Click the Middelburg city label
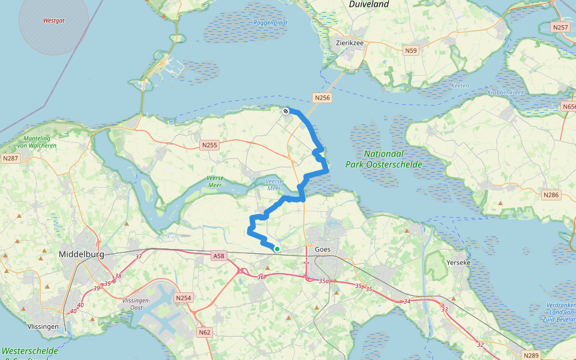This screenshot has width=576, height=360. (x=82, y=254)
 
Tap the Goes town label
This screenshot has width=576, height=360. (x=322, y=249)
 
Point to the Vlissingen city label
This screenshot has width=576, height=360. (x=43, y=326)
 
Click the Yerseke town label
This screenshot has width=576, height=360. (x=461, y=262)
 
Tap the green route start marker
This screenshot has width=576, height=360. (x=277, y=248)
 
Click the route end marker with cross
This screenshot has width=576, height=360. (x=286, y=110)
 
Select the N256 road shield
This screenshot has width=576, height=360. (x=322, y=97)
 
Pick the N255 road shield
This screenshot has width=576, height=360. (x=209, y=145)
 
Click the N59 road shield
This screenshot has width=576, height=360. (x=410, y=50)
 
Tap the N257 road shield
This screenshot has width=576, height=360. (x=560, y=27)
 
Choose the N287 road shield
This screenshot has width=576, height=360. (x=10, y=158)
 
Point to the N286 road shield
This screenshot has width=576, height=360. (x=550, y=194)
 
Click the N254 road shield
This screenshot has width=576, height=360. (x=183, y=298)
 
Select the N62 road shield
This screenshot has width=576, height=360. (x=205, y=332)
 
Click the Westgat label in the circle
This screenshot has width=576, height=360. (x=53, y=20)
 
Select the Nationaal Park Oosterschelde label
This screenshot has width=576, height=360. (x=383, y=160)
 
